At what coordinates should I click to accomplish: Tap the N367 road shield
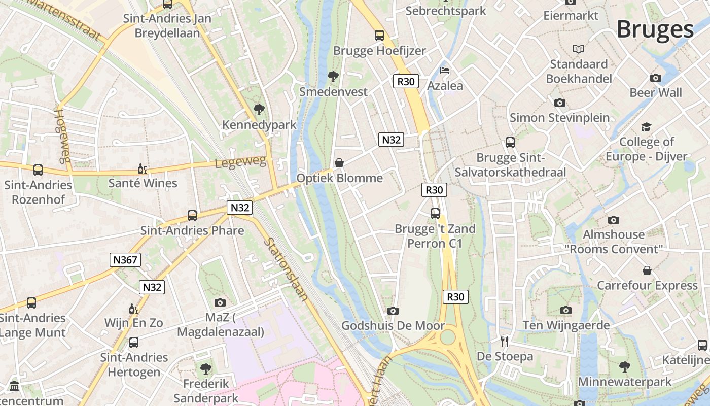125,260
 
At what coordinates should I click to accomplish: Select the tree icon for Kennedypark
259,109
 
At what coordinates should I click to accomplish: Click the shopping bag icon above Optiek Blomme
339,162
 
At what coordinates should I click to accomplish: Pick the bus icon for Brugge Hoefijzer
379,35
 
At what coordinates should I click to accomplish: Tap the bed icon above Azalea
445,70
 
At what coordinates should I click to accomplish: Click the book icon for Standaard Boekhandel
579,49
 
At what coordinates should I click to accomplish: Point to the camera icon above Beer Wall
656,78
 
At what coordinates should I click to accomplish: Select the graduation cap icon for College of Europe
646,126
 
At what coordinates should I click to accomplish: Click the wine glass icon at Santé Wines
143,168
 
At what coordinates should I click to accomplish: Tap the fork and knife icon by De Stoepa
505,341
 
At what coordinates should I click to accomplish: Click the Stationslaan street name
286,269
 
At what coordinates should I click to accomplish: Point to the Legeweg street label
240,162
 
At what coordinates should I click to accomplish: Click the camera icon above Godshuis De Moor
393,311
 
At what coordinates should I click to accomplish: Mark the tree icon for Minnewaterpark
625,366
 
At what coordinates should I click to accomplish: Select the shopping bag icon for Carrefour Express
647,270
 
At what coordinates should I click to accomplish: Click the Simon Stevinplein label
559,118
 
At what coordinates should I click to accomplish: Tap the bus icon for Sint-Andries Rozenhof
38,170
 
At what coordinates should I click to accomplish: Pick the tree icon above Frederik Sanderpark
206,368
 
